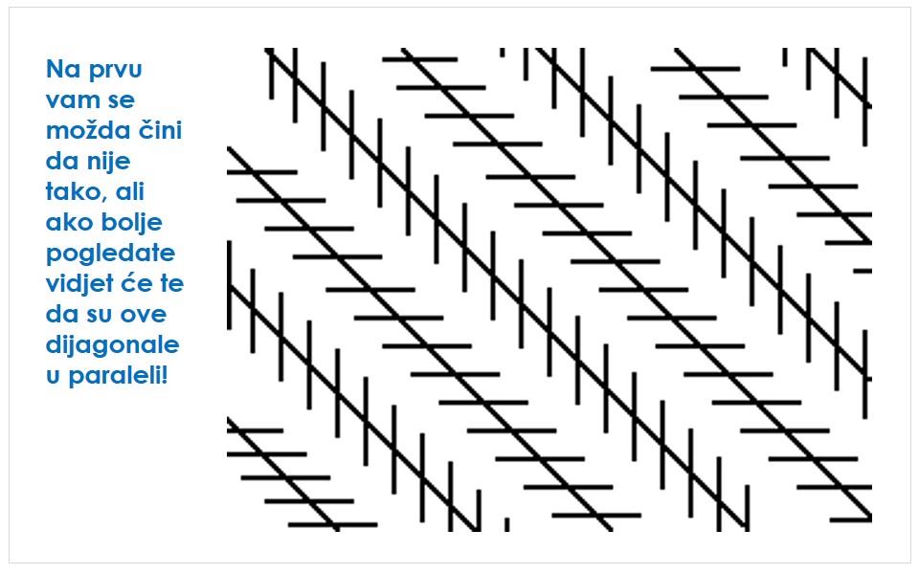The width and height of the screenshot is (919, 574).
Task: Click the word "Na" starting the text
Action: [63, 69]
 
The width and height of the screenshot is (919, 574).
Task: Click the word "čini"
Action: [160, 129]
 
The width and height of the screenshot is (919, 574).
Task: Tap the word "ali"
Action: [129, 191]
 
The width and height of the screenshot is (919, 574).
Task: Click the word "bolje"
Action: [132, 223]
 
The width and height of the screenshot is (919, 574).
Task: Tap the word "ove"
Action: [146, 315]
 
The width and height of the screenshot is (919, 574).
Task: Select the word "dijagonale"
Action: [113, 345]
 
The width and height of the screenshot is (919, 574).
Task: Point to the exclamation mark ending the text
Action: [165, 374]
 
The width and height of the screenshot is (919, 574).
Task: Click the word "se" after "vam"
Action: [121, 100]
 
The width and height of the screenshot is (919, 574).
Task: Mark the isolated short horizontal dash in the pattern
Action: [863, 271]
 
